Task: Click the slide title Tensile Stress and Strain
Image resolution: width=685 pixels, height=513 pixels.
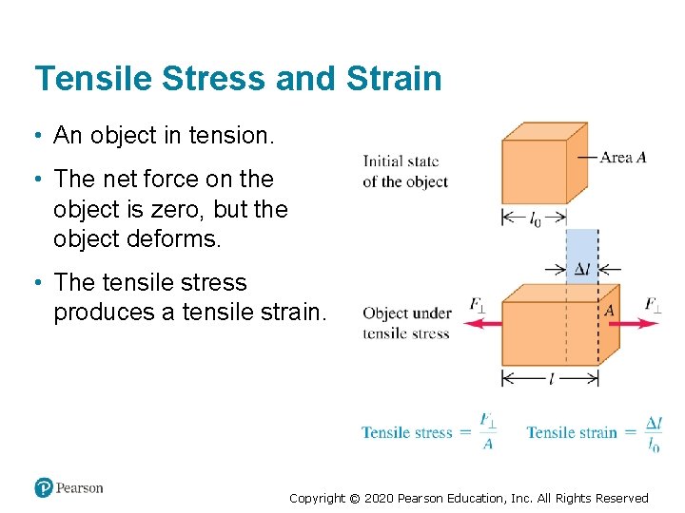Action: (238, 78)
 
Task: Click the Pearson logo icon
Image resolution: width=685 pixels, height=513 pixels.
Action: (44, 487)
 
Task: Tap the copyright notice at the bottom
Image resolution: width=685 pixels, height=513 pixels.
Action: (468, 498)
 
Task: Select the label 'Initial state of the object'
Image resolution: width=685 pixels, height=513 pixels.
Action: (404, 171)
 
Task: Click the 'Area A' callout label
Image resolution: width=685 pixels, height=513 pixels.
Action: (622, 157)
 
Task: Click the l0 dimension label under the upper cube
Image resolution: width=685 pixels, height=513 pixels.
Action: (535, 219)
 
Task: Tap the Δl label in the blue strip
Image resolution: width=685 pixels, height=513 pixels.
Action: (582, 269)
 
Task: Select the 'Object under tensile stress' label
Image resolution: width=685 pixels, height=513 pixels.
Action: (406, 323)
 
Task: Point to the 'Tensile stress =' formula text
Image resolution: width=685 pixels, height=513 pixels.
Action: (415, 432)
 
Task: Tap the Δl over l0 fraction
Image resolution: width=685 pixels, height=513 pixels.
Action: (654, 433)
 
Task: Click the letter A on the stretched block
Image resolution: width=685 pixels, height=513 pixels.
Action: (609, 311)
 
